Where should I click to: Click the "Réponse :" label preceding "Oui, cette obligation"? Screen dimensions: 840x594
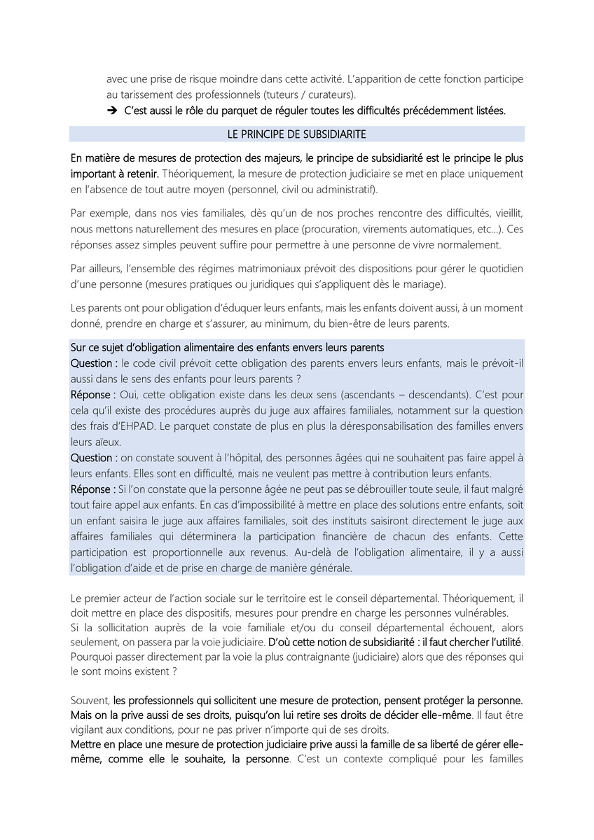[94, 394]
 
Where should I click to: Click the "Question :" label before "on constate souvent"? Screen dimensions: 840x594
[94, 457]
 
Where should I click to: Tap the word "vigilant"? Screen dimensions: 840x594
[88, 728]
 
